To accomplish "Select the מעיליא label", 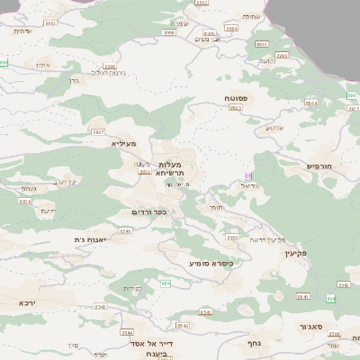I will coord(123,143).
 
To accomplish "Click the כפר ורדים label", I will coord(148,211).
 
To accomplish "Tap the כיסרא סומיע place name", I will coord(211,264).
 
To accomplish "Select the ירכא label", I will coord(28,303).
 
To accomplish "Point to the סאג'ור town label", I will coord(337,327).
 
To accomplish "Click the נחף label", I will coord(254,343).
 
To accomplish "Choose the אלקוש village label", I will coord(274,128).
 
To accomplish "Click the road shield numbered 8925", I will coord(236,107).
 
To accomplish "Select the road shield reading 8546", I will coord(125,231).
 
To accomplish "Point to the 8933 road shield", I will coord(233,238).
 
